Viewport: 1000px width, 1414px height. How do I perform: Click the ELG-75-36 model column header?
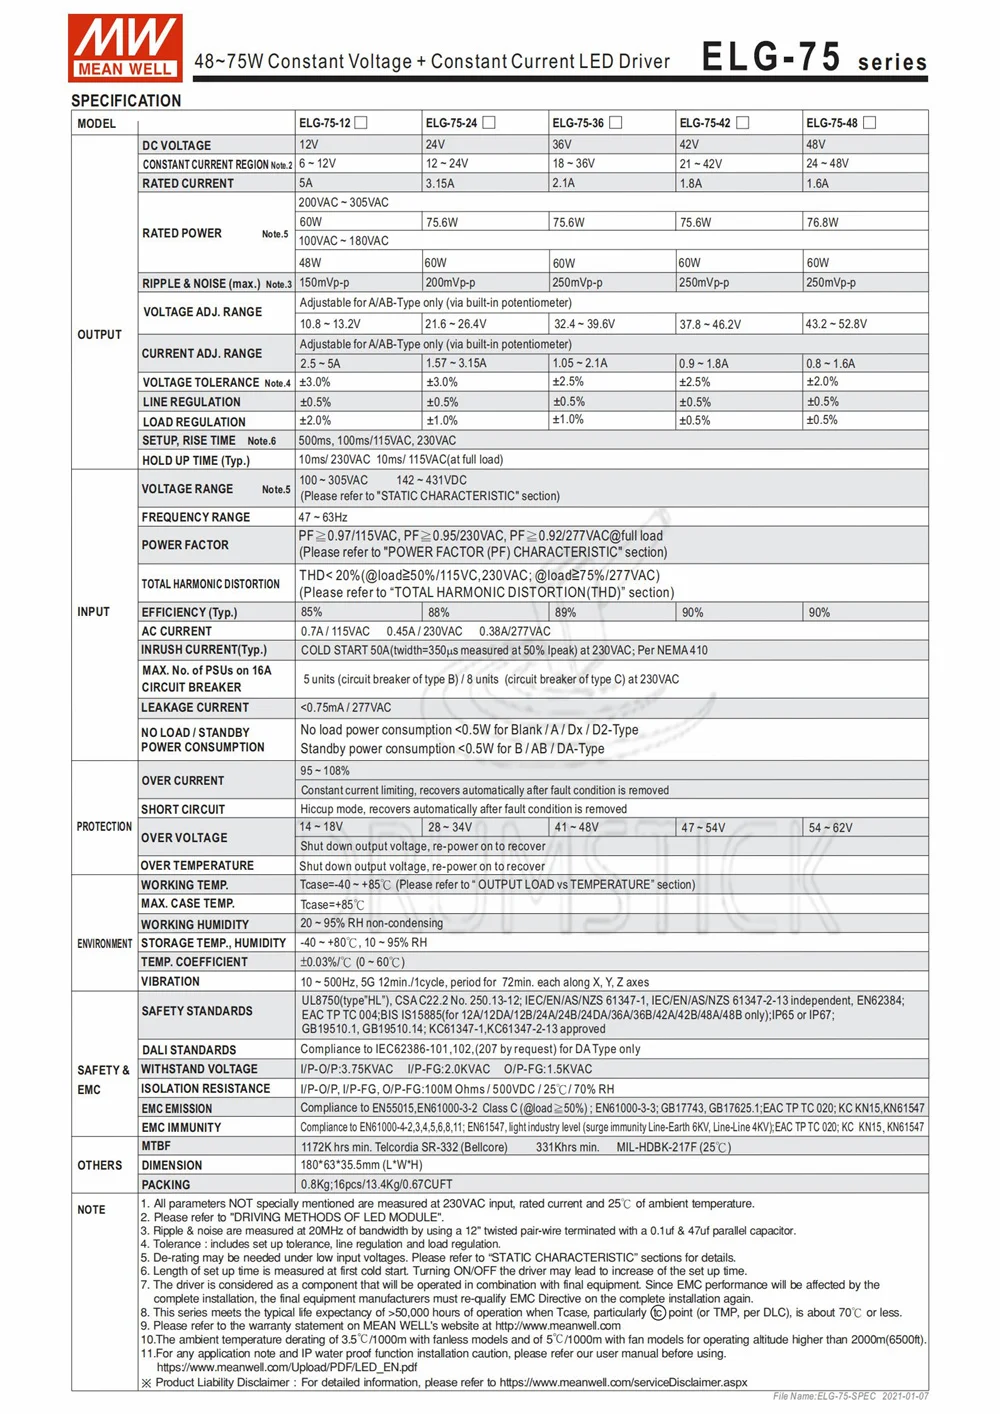[x=578, y=123]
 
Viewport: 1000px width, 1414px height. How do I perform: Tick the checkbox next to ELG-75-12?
[x=361, y=123]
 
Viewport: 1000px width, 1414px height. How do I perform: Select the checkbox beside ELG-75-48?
[x=869, y=123]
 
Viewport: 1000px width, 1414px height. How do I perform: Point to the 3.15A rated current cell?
[x=440, y=184]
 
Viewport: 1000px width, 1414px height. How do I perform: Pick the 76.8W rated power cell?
[x=822, y=223]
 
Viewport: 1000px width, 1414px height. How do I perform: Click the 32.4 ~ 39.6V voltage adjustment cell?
[x=584, y=324]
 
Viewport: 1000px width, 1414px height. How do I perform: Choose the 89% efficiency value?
[x=565, y=612]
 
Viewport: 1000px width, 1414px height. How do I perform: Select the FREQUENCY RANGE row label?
[x=196, y=517]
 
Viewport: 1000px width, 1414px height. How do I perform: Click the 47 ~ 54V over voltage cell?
[x=703, y=828]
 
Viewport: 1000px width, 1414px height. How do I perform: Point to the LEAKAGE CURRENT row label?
[x=195, y=708]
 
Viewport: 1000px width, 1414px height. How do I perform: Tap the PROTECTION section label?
[x=104, y=827]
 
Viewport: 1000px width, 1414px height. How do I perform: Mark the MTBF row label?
[x=156, y=1146]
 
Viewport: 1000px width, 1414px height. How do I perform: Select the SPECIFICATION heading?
[x=126, y=101]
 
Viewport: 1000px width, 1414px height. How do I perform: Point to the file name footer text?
[x=850, y=1396]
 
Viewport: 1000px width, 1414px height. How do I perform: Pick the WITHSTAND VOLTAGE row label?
[x=199, y=1069]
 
